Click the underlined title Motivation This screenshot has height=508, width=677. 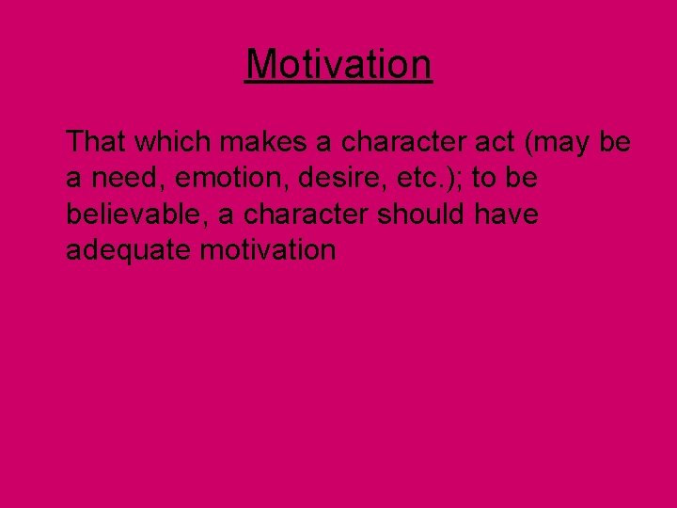click(x=338, y=65)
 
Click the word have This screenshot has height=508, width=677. click(x=506, y=214)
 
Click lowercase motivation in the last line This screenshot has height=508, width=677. click(x=272, y=249)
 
